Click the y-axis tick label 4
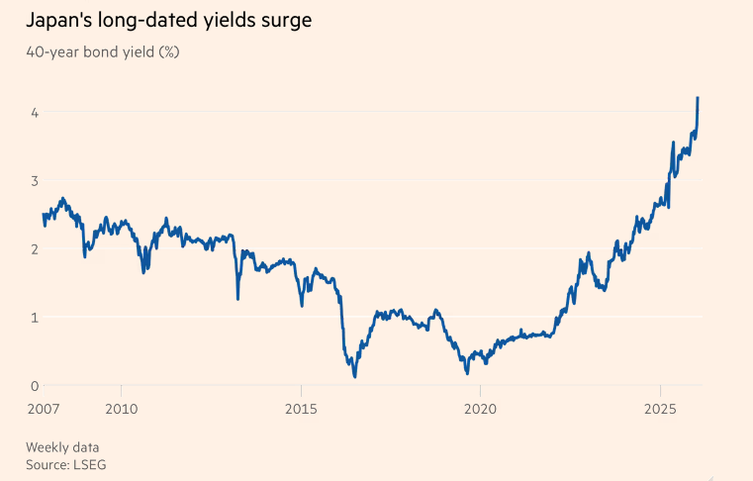[x=34, y=113]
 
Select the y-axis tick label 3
[x=34, y=181]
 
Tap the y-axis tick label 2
[x=34, y=249]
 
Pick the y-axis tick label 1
[x=34, y=318]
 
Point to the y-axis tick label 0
[x=34, y=386]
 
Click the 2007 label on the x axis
[x=44, y=408]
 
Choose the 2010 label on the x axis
[x=121, y=408]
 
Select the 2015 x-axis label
[x=301, y=408]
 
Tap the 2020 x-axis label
[x=480, y=408]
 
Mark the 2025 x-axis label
[x=660, y=408]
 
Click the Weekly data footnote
[x=62, y=446]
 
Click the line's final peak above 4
[x=698, y=98]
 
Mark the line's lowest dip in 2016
[x=354, y=376]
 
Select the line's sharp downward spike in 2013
[x=237, y=297]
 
